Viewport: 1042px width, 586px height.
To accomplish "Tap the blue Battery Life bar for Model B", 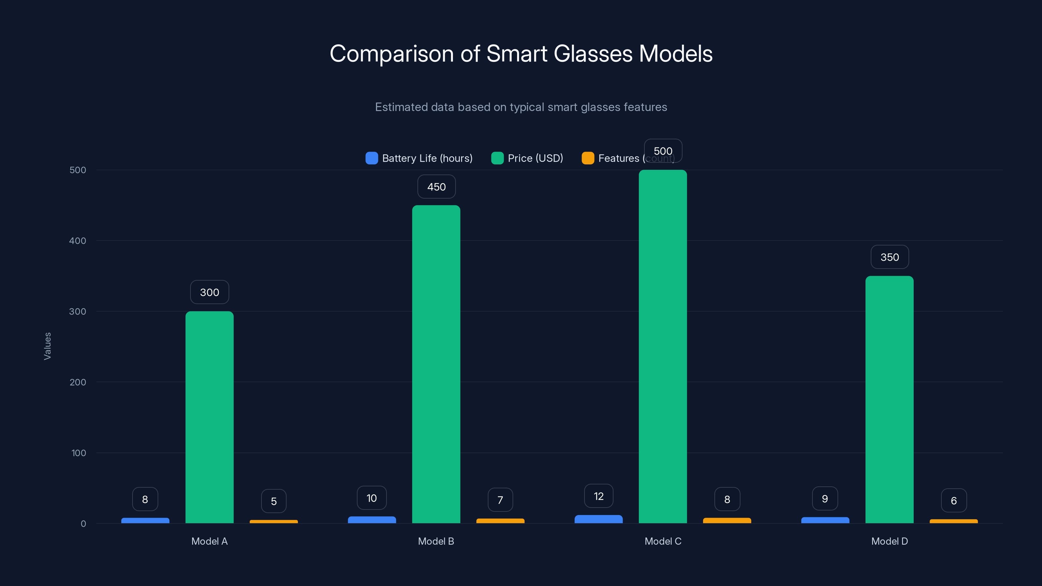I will (x=372, y=520).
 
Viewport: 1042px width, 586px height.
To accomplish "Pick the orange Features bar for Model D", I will (x=953, y=521).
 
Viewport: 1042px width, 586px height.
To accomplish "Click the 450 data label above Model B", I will (x=436, y=187).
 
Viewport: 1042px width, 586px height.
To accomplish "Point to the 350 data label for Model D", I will (x=890, y=257).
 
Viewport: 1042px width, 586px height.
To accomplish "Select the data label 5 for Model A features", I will (x=274, y=501).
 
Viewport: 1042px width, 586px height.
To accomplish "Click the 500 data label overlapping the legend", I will (x=663, y=151).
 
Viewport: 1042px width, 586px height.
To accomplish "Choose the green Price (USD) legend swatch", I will (x=497, y=158).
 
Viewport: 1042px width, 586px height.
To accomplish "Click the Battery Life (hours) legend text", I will (x=427, y=158).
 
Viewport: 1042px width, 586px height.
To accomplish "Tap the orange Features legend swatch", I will (x=588, y=158).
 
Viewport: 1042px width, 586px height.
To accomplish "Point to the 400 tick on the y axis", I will (x=78, y=241).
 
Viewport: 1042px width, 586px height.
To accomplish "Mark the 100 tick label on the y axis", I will (x=78, y=453).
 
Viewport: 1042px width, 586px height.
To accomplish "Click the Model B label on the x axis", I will (x=436, y=541).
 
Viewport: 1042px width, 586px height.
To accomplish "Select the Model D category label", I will (x=890, y=541).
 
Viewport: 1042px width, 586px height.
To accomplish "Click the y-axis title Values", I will (x=47, y=346).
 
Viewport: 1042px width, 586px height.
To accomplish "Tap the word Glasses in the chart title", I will (x=593, y=54).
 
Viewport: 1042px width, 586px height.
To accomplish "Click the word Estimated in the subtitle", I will (x=401, y=107).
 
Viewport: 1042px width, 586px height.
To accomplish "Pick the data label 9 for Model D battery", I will (x=825, y=499).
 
